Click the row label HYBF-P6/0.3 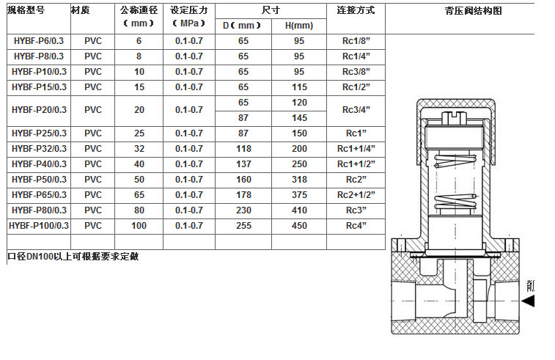point(39,41)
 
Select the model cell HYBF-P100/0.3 point(39,226)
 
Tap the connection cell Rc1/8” point(356,41)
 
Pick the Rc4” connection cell point(356,226)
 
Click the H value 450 point(299,226)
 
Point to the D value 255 point(243,226)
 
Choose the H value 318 point(299,180)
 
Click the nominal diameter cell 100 point(139,226)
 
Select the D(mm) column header point(243,26)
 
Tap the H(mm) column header point(298,26)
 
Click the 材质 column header point(81,11)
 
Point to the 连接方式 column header point(356,11)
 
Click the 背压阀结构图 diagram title point(473,11)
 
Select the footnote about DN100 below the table point(73,257)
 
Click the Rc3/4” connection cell point(356,110)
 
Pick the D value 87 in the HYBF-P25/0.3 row point(243,133)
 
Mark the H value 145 point(299,117)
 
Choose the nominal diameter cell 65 point(139,195)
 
